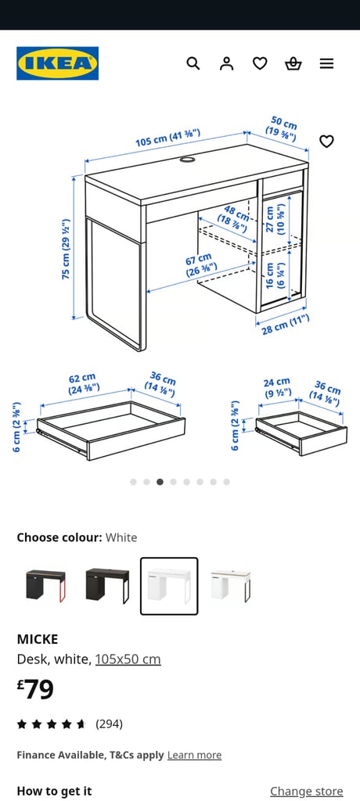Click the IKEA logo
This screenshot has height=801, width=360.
(x=57, y=63)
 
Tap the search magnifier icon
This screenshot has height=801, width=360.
(x=193, y=63)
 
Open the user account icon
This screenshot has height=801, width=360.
(x=227, y=63)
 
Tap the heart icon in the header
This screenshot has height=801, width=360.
(x=260, y=63)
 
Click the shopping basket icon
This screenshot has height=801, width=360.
(x=293, y=63)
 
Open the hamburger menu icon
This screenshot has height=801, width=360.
(x=326, y=63)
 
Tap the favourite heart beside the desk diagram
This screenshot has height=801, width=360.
(x=326, y=142)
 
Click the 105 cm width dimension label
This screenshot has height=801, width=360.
(x=167, y=138)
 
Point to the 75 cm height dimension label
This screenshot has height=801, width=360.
(x=67, y=249)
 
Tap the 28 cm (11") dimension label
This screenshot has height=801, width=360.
(x=286, y=324)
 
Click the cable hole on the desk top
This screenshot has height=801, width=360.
(x=188, y=160)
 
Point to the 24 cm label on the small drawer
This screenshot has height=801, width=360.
(x=277, y=386)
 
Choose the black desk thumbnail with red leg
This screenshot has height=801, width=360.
(x=45, y=586)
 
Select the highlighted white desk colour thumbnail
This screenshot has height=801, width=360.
(x=169, y=586)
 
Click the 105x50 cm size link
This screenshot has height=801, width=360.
(x=128, y=659)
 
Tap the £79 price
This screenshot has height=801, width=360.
(x=36, y=689)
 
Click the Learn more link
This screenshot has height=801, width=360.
(x=194, y=755)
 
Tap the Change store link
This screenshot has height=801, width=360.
(x=306, y=791)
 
